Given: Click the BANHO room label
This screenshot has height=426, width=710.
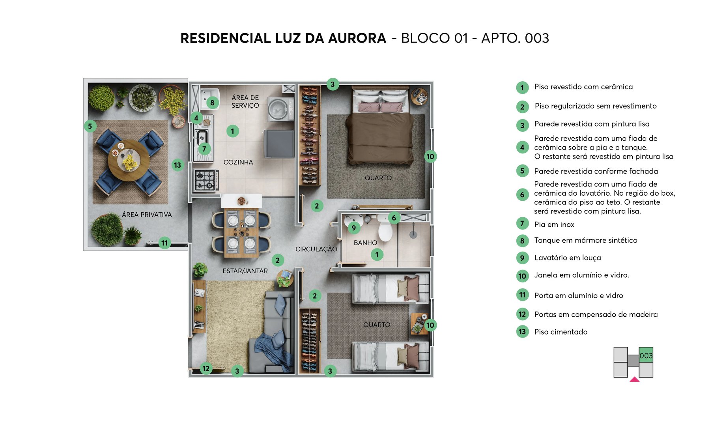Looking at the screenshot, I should pos(365,243).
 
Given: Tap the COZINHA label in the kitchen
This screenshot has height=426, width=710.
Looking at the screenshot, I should pos(238,162).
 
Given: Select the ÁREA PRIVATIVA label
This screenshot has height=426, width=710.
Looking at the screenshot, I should pos(147,215).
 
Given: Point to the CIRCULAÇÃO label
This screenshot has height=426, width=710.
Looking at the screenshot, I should pos(316,249).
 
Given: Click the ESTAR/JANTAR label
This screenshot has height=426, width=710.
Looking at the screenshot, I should pos(245,271).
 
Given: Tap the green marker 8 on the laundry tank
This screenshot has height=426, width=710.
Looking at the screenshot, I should pos(212,103).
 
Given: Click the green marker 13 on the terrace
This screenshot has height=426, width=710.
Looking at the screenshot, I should pos(177,165).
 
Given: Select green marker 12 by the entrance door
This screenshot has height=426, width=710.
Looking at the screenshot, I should pos(206,368).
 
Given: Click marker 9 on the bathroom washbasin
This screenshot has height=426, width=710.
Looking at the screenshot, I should pos(354,228).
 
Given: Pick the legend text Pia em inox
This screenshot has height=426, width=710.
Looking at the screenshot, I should pos(554,224).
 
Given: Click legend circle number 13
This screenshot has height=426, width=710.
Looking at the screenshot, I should pos(522,332).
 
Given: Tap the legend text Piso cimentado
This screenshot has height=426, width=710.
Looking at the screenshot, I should pos(561,332).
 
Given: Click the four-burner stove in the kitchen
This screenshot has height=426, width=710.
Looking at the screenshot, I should pos(206,180).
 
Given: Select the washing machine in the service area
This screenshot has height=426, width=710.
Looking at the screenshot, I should pos(280,108).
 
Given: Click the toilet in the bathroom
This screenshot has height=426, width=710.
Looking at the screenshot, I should pos(385,231).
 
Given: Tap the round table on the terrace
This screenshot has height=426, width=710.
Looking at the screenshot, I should pos(129,160).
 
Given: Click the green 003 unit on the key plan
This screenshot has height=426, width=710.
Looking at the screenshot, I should pos(646,355).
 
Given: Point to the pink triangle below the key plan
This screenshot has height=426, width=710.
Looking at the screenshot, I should pos(634,379).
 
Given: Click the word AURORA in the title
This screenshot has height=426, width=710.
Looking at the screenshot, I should pos(357,38).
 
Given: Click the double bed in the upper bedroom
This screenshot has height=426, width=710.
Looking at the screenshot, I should pos(380,134).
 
